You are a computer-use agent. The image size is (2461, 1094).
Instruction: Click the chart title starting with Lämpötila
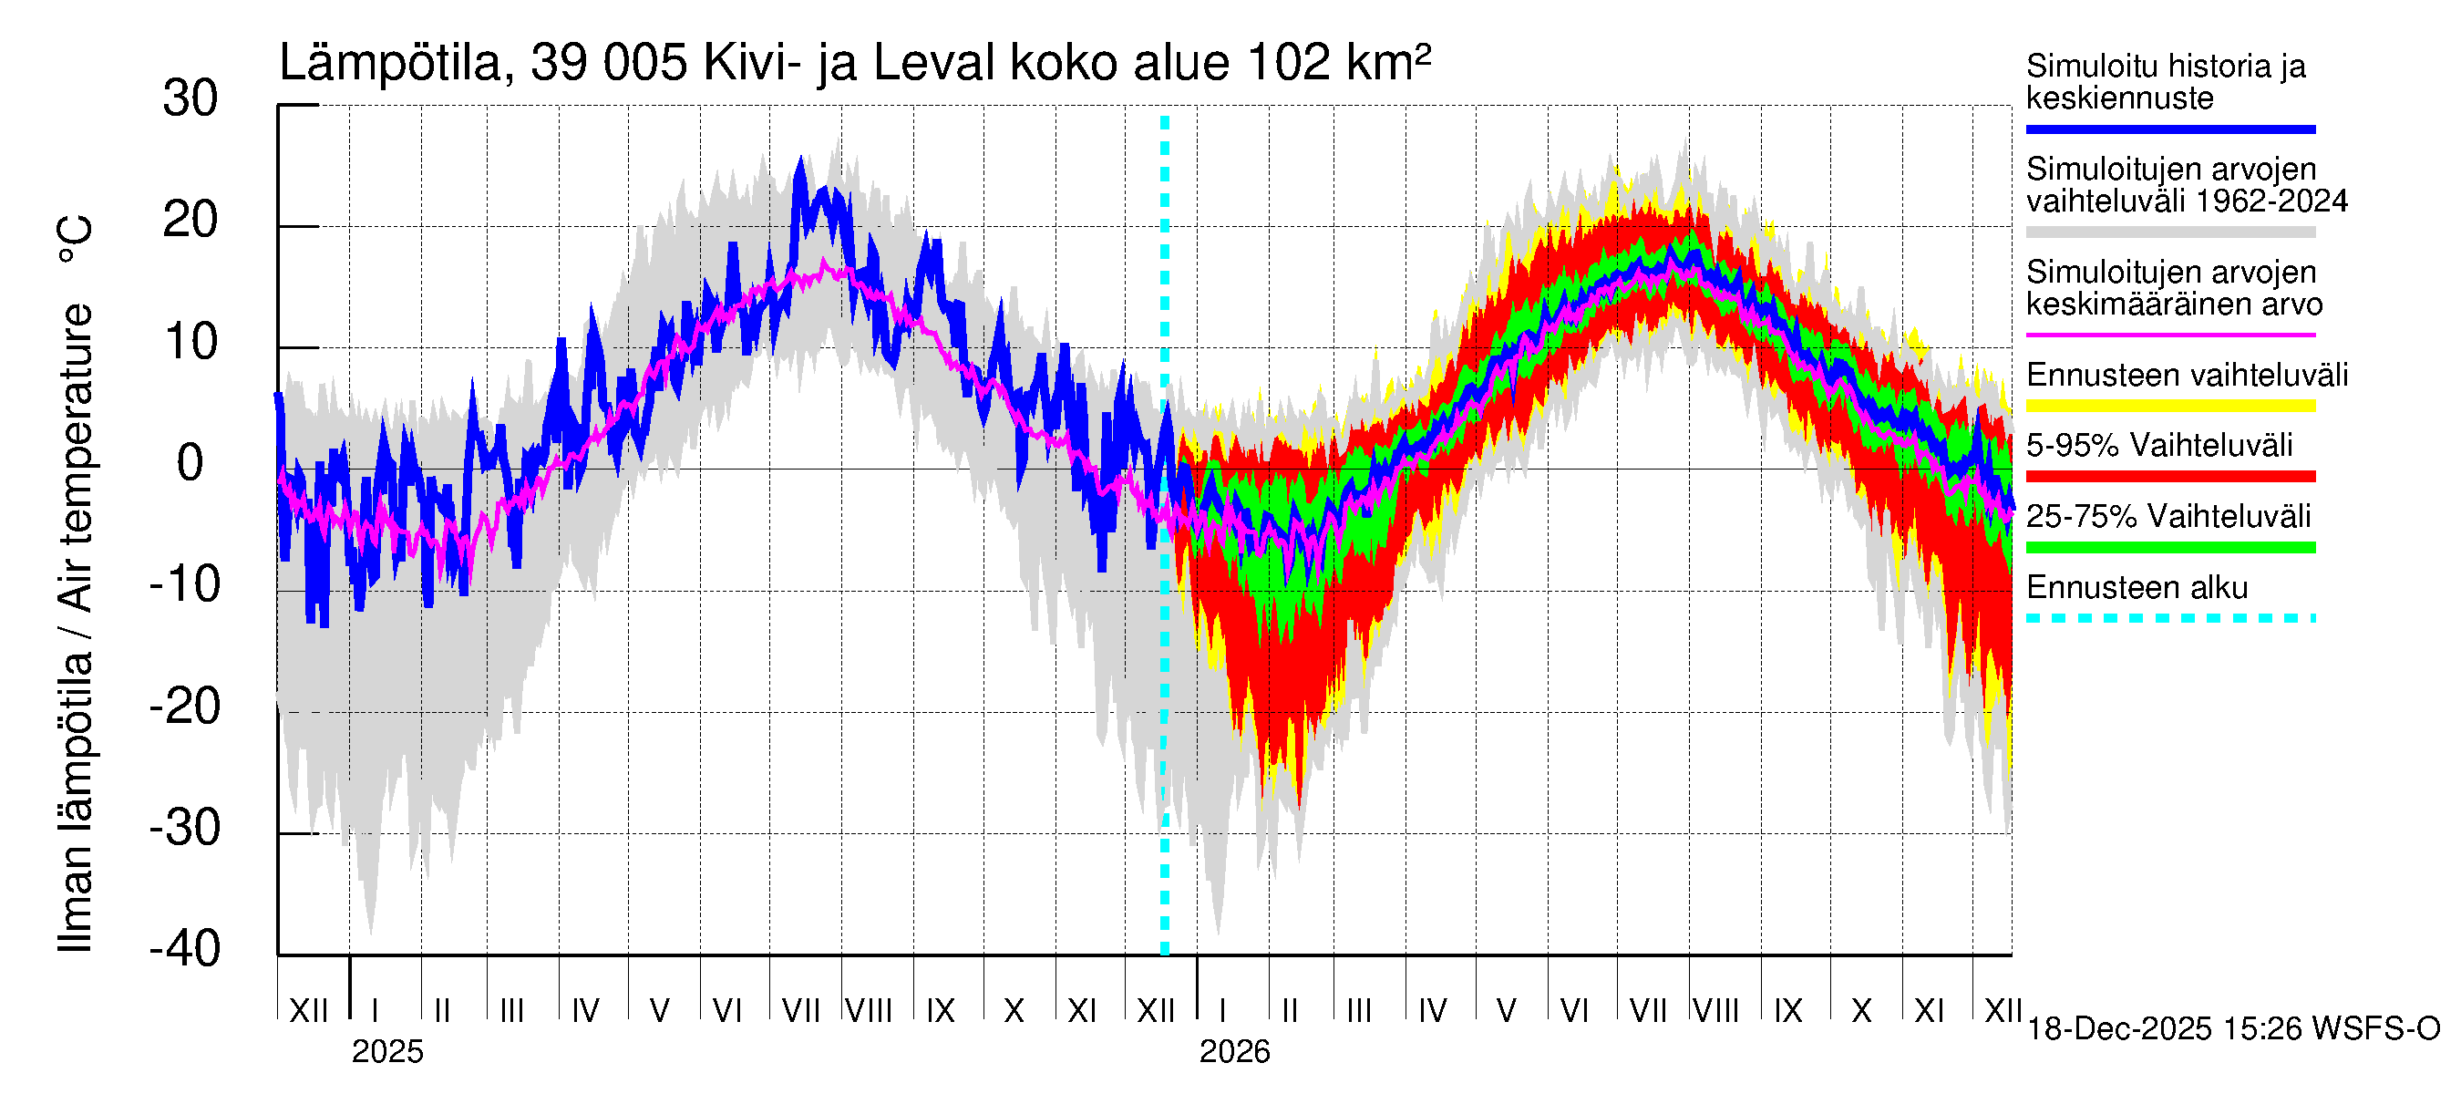click(854, 63)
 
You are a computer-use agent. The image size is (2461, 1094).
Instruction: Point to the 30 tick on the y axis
click(190, 99)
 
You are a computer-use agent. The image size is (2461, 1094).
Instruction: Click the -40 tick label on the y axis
click(185, 949)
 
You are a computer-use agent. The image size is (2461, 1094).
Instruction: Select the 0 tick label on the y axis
click(190, 463)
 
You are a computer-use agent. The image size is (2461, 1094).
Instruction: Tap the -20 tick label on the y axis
click(185, 707)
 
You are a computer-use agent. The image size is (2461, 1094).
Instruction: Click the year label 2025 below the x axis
click(386, 1051)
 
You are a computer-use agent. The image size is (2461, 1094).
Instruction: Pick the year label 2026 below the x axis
click(1234, 1051)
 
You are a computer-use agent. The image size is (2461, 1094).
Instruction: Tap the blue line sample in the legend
click(2169, 129)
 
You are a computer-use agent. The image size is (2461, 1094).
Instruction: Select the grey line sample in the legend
click(2169, 232)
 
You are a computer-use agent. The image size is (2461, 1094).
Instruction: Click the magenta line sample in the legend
click(2169, 335)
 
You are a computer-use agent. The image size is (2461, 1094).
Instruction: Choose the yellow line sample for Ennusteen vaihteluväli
click(2169, 406)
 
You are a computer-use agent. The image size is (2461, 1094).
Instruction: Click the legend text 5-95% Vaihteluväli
click(2159, 445)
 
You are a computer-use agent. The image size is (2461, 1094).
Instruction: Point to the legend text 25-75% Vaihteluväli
click(2168, 516)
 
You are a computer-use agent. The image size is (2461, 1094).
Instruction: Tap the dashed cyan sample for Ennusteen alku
click(2169, 618)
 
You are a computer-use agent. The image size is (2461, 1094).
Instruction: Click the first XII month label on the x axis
click(308, 1010)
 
